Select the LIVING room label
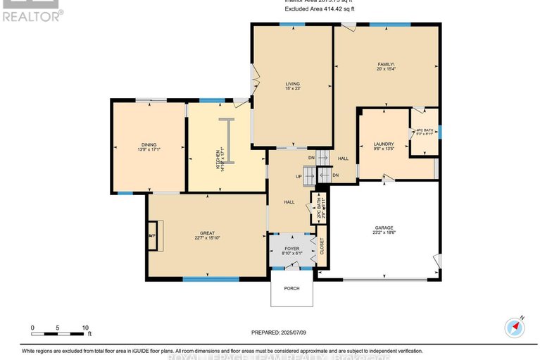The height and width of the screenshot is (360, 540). click(x=292, y=85)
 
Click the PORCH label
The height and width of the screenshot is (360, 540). click(x=291, y=288)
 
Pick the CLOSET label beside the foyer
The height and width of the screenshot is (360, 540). click(x=322, y=246)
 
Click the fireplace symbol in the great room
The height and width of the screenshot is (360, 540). click(x=154, y=235)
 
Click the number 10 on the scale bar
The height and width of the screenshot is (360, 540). click(x=85, y=328)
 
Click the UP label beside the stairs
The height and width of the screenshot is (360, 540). click(x=299, y=176)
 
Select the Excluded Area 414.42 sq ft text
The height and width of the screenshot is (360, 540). click(x=320, y=9)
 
